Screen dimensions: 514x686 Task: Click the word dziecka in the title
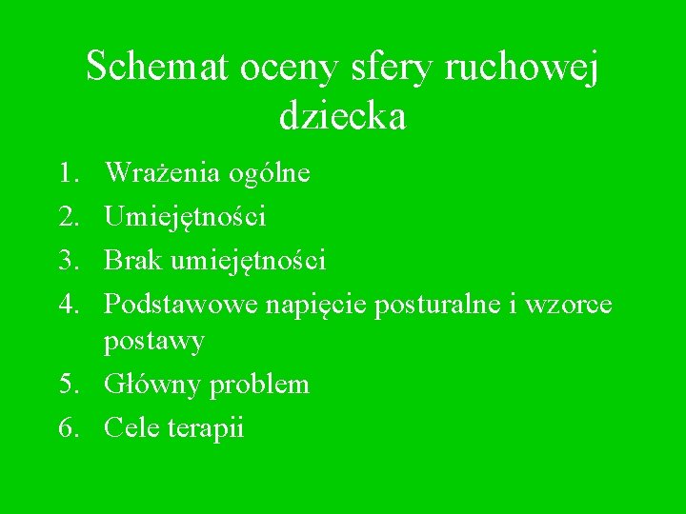pos(343,117)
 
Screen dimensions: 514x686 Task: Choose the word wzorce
pos(573,304)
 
